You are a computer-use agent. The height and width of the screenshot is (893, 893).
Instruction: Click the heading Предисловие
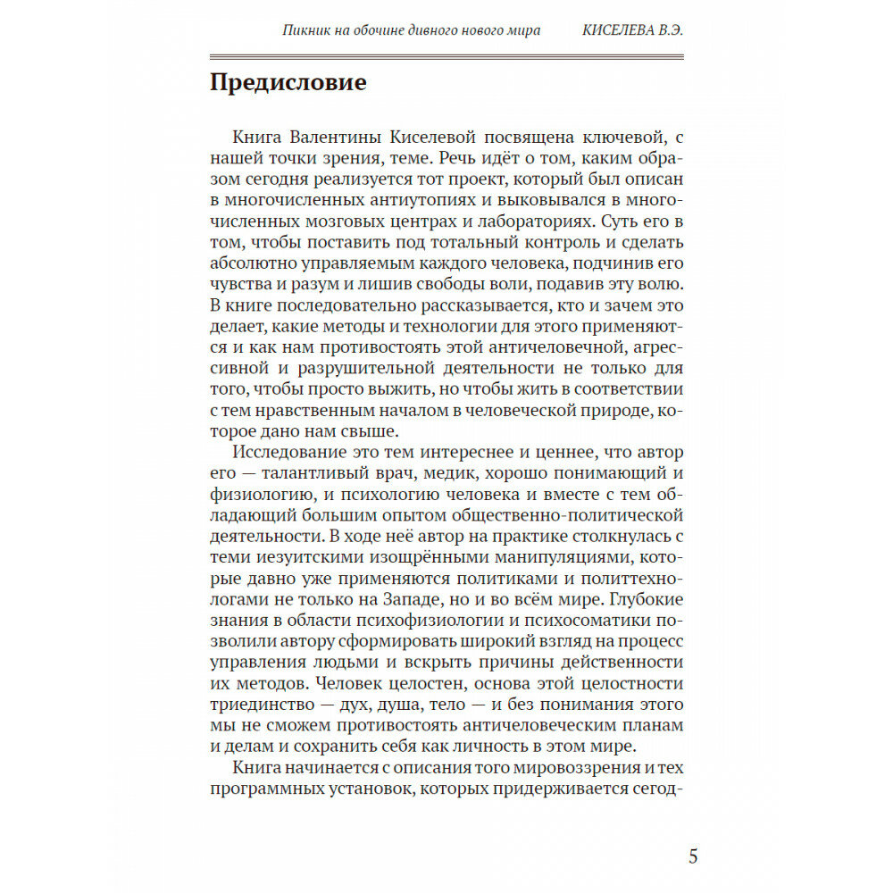[288, 84]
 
